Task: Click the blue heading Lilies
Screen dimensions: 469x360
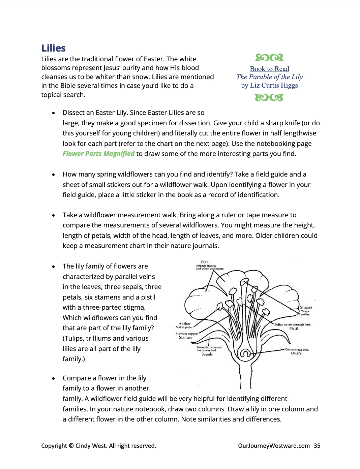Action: click(53, 49)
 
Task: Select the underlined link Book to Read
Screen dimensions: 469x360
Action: click(269, 69)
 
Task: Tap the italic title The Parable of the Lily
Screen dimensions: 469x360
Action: click(269, 77)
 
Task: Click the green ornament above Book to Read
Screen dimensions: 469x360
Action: click(269, 58)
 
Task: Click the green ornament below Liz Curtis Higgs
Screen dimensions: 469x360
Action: click(269, 97)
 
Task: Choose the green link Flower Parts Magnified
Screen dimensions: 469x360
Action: click(98, 154)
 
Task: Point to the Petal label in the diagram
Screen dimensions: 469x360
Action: click(205, 262)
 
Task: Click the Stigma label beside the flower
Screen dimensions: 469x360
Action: click(306, 307)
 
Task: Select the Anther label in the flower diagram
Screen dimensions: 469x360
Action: click(184, 324)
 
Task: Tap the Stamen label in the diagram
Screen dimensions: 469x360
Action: click(185, 337)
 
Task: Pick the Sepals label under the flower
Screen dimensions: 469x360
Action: click(207, 354)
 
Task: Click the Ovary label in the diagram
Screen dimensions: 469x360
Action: click(296, 353)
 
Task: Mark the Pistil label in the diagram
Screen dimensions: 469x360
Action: click(293, 328)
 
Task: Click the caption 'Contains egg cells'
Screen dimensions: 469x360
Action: click(297, 349)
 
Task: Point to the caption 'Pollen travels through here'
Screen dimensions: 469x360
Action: click(292, 324)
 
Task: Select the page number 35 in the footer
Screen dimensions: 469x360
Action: click(317, 446)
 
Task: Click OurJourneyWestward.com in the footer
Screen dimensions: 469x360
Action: click(274, 446)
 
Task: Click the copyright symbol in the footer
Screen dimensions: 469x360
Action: click(71, 446)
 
